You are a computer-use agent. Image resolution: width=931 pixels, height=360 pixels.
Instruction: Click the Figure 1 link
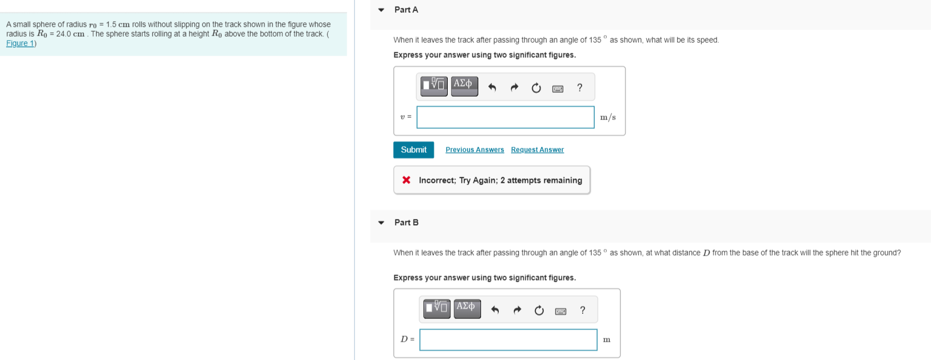click(x=20, y=43)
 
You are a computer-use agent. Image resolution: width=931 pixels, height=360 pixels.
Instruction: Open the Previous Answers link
click(x=474, y=150)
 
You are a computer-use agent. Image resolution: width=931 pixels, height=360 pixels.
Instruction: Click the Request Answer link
click(x=537, y=150)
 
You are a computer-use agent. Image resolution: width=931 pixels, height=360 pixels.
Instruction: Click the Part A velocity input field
click(x=505, y=117)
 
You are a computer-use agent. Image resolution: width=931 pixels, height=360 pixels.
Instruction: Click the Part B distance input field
click(x=508, y=339)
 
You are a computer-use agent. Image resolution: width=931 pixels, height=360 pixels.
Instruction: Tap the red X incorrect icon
click(x=407, y=180)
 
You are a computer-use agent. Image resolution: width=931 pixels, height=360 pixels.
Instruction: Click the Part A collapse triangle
click(x=381, y=10)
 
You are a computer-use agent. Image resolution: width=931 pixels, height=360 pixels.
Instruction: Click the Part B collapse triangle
click(x=381, y=223)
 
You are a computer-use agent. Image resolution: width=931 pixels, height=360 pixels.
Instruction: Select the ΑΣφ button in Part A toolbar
click(x=464, y=86)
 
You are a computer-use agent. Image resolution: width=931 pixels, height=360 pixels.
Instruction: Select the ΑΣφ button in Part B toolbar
click(x=467, y=308)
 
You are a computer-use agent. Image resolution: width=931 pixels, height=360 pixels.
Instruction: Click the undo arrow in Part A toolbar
click(x=492, y=87)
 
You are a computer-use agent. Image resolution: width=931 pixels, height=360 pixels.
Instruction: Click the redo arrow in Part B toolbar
click(x=517, y=310)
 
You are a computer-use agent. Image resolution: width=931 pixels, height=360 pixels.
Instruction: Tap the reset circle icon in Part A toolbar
click(x=536, y=88)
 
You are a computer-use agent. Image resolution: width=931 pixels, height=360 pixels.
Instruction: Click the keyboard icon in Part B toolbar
click(x=560, y=311)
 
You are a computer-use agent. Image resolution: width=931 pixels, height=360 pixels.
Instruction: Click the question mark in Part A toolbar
click(x=580, y=87)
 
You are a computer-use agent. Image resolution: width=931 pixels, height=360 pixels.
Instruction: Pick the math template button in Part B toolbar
click(x=436, y=308)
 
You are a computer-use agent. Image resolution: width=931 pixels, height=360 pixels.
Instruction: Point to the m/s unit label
click(x=608, y=117)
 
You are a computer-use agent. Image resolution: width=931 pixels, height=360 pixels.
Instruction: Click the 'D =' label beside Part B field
click(x=407, y=339)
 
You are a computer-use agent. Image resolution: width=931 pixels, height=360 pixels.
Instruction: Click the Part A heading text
click(x=406, y=10)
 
